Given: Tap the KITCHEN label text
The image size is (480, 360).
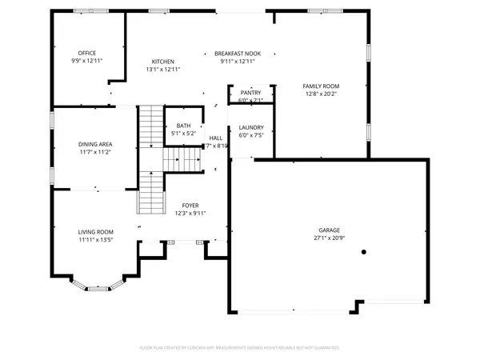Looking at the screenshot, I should tap(163, 62).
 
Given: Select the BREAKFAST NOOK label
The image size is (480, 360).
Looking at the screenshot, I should tap(237, 53).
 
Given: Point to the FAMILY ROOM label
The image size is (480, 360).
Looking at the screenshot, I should tap(320, 86).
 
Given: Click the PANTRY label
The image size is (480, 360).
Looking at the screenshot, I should tap(250, 93).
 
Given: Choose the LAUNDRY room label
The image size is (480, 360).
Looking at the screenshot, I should tap(251, 127).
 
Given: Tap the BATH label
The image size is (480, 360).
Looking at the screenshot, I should tap(183, 126).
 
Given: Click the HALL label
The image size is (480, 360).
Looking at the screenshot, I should tap(216, 138).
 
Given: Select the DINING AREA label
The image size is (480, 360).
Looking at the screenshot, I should tap(94, 144).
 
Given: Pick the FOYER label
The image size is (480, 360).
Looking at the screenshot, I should tap(190, 206).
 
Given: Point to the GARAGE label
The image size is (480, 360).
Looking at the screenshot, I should tap(329, 230).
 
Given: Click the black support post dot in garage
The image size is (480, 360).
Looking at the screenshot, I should tap(363, 251).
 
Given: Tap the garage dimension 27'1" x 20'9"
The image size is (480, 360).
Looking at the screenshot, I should tap(329, 238).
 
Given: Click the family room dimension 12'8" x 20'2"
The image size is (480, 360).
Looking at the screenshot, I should tap(320, 94).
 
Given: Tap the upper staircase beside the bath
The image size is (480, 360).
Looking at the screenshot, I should tap(150, 128).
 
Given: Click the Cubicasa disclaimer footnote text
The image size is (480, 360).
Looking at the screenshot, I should tap(240, 348).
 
